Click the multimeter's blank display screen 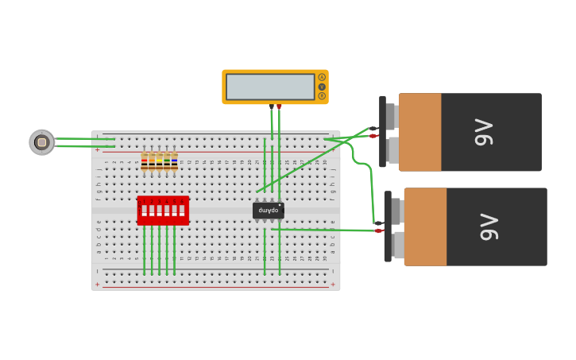270,87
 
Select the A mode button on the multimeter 322,77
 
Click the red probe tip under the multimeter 279,106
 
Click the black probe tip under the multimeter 272,106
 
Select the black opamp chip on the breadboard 269,211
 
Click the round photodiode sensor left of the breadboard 42,142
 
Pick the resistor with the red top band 144,162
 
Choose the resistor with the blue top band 174,162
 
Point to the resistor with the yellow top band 159,162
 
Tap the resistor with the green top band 167,162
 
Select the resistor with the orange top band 152,162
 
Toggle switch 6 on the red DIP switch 182,211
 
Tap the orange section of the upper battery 419,132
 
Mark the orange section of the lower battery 425,226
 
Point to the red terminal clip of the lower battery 378,230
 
